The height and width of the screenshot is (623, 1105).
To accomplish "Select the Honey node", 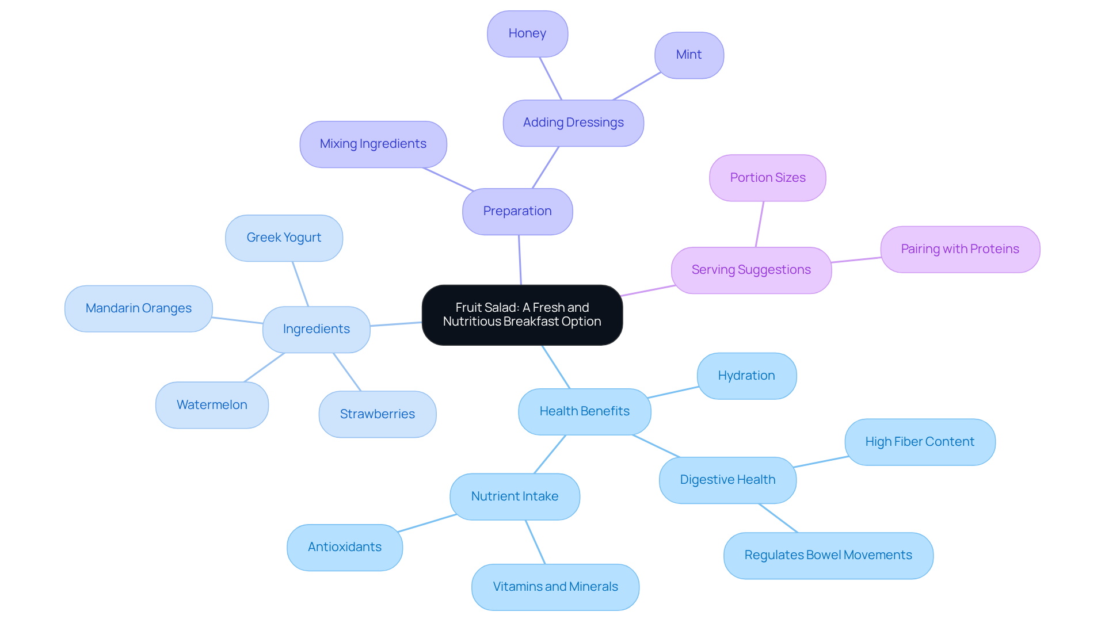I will [527, 33].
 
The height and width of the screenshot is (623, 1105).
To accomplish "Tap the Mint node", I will [689, 55].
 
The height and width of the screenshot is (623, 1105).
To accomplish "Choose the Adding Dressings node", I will [573, 123].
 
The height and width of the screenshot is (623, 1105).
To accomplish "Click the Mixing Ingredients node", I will [373, 144].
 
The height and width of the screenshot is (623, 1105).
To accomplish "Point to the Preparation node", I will [517, 211].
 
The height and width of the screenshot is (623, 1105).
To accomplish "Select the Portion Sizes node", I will [768, 178].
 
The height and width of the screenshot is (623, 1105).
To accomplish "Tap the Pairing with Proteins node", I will [960, 249].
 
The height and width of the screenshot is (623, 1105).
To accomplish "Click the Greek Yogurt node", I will [284, 238].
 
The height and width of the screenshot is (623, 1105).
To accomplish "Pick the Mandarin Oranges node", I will [138, 308].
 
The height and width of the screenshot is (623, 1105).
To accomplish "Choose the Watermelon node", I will [212, 405].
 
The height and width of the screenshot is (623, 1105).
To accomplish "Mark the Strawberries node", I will [377, 414].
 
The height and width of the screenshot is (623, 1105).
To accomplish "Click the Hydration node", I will [746, 376].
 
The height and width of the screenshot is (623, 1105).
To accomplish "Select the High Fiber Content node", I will [920, 442].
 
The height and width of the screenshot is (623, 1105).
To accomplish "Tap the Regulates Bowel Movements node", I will [828, 555].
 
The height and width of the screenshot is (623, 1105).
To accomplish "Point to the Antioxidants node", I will [345, 547].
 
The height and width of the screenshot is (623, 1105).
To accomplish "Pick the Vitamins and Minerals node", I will [555, 587].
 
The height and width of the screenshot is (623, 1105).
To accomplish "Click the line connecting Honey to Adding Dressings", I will [550, 78].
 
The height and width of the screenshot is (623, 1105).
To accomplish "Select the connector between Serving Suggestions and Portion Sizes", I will [760, 224].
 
